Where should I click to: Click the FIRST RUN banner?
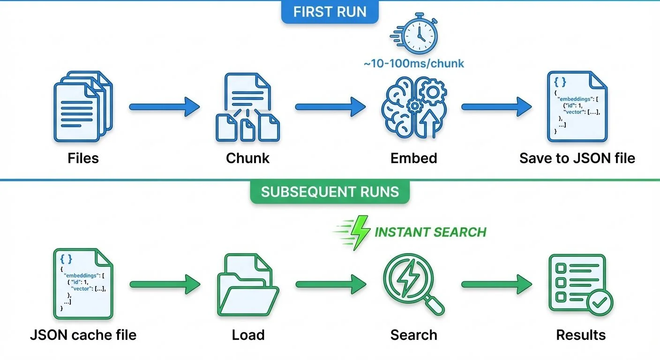[330, 12]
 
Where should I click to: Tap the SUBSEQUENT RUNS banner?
[330, 192]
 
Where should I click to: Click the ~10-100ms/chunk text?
[414, 63]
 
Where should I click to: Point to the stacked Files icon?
[83, 106]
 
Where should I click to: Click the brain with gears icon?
[414, 107]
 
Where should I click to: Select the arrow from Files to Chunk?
[165, 107]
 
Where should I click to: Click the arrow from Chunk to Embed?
[330, 107]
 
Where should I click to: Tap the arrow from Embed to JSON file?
[497, 107]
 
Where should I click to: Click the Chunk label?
[247, 158]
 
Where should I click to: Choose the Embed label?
[414, 158]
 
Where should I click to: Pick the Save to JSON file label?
[577, 158]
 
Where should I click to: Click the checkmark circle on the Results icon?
[600, 302]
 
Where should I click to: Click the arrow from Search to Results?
[497, 284]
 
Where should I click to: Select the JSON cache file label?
[83, 335]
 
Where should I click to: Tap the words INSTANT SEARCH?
[430, 232]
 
